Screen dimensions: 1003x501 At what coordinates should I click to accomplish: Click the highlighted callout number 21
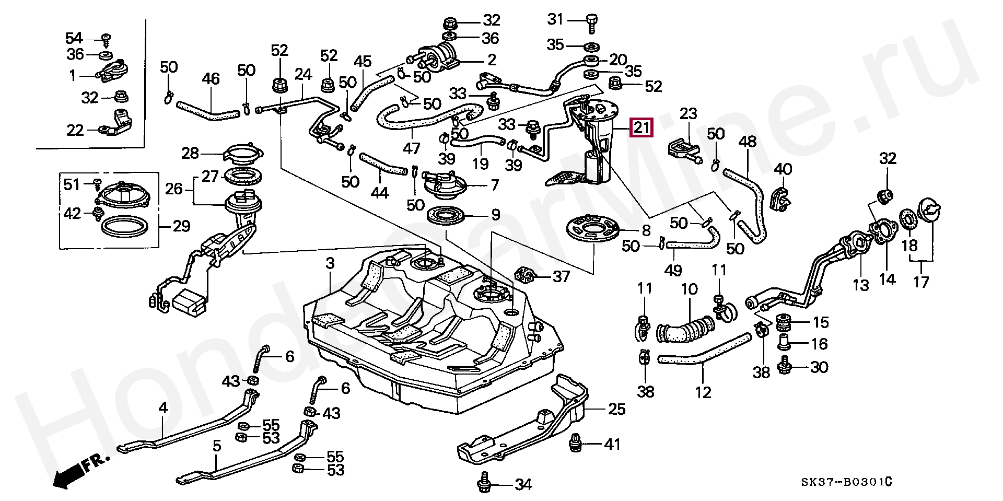pyautogui.click(x=642, y=127)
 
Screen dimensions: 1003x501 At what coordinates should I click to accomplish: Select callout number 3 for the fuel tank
pyautogui.click(x=330, y=263)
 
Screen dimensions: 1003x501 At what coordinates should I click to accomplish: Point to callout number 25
pyautogui.click(x=616, y=409)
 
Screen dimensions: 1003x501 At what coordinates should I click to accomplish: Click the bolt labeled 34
pyautogui.click(x=484, y=484)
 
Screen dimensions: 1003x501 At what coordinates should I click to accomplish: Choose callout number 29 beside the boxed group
pyautogui.click(x=181, y=226)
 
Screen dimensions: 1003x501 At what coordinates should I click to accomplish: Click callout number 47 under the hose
pyautogui.click(x=411, y=148)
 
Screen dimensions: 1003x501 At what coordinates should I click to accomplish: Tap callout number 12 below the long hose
pyautogui.click(x=703, y=392)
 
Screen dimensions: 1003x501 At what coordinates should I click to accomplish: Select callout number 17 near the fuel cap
pyautogui.click(x=921, y=282)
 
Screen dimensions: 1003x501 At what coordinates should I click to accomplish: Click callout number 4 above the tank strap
pyautogui.click(x=164, y=407)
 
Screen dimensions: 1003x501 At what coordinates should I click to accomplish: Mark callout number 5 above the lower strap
pyautogui.click(x=217, y=446)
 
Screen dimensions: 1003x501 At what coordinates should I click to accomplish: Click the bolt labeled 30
pyautogui.click(x=784, y=366)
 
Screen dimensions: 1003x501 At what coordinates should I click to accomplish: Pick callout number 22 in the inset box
pyautogui.click(x=75, y=130)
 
